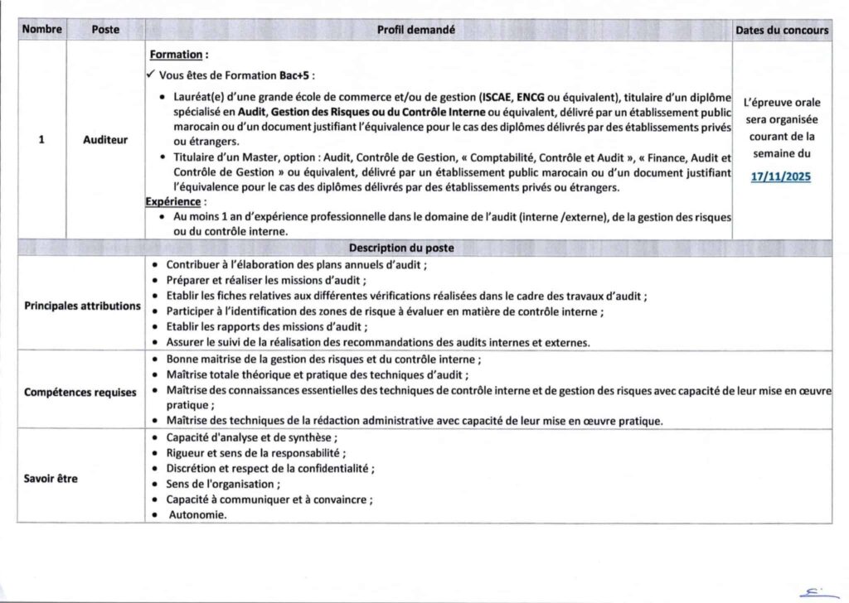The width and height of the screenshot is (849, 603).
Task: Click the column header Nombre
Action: click(x=42, y=30)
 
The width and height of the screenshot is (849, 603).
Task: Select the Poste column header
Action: click(x=105, y=30)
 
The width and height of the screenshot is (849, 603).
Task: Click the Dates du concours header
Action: click(x=782, y=30)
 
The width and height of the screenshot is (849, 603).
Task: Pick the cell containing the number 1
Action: click(x=41, y=140)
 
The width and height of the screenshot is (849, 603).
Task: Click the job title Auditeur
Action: click(x=105, y=140)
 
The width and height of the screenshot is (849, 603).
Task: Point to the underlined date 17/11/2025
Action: click(x=781, y=176)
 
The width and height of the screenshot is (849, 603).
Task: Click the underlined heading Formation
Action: click(x=176, y=55)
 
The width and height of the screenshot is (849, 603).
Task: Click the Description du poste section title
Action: click(x=400, y=248)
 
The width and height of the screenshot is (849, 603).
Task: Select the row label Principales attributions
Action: click(x=82, y=306)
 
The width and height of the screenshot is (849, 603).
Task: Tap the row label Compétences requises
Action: click(x=80, y=392)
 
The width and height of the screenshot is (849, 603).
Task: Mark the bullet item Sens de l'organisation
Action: click(x=223, y=484)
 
